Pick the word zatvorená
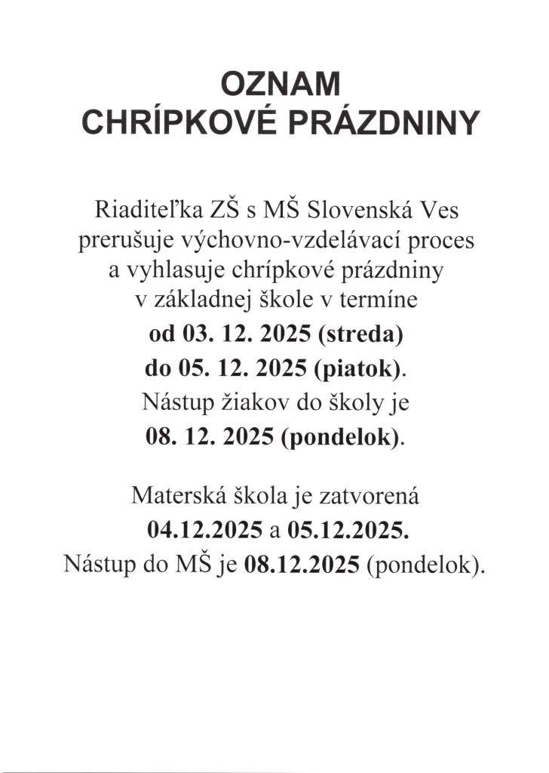pos(361,497)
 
